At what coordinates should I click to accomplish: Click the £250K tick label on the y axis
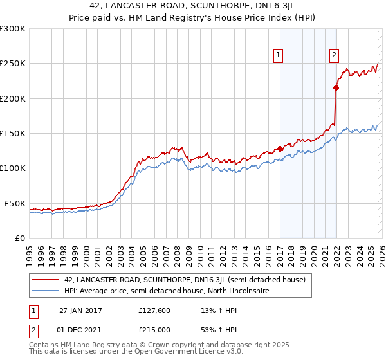13,64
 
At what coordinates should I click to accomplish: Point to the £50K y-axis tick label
15,203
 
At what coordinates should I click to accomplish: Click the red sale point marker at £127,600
280,149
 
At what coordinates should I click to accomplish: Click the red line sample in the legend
46,280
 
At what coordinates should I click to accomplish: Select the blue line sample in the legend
46,291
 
